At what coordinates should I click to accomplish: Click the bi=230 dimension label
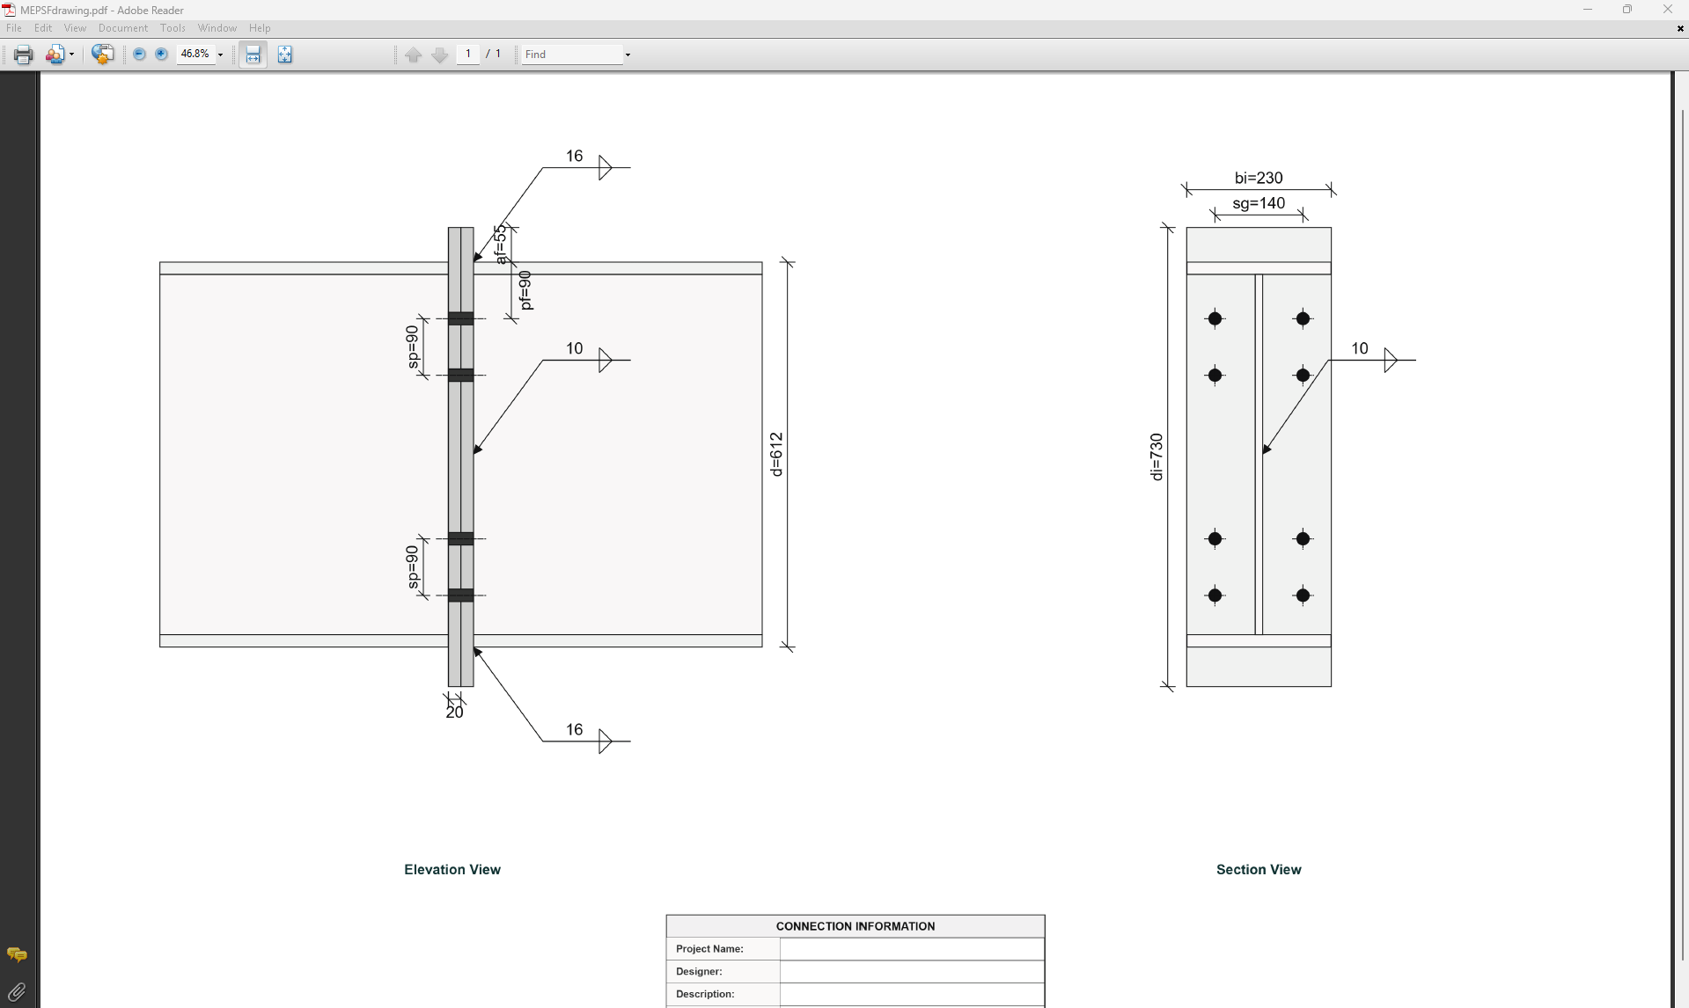[x=1258, y=178]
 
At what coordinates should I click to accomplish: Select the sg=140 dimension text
[x=1258, y=203]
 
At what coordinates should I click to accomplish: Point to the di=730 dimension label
[x=1157, y=457]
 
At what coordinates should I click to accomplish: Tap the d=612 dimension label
[x=775, y=454]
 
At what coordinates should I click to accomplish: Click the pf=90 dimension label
[x=525, y=290]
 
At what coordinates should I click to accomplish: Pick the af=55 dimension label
[x=500, y=245]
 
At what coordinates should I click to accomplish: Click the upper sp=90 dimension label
[x=412, y=347]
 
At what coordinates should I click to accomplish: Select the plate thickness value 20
[x=454, y=712]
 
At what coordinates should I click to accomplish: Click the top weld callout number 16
[x=574, y=156]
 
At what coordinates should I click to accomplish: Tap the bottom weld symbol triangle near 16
[x=605, y=741]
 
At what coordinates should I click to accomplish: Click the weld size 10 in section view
[x=1359, y=348]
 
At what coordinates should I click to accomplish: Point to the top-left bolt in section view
[x=1215, y=318]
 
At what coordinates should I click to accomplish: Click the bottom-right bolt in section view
[x=1303, y=595]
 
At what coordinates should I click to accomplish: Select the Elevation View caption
[x=452, y=869]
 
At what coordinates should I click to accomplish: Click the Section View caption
[x=1258, y=869]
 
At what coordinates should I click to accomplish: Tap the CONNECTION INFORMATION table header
[x=855, y=926]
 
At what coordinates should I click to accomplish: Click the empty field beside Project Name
[x=911, y=949]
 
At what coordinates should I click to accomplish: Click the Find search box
[x=571, y=55]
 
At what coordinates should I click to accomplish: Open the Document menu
[x=122, y=28]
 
